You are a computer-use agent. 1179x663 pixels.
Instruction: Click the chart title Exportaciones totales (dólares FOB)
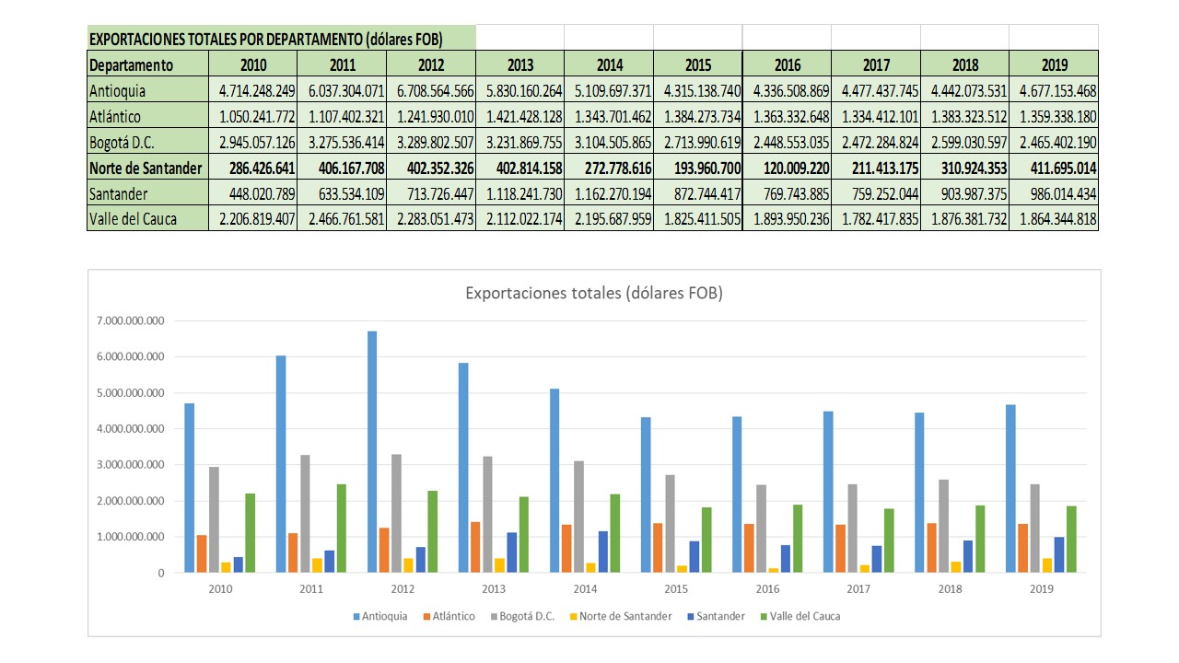point(594,294)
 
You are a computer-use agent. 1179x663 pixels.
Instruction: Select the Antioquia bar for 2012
point(372,451)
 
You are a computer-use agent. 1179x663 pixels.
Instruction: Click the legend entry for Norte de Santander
point(629,616)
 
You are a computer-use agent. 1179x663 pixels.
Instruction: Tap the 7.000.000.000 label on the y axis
point(129,321)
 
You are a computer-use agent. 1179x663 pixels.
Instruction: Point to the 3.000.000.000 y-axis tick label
point(129,465)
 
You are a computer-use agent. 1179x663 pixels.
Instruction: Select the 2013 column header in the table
point(519,65)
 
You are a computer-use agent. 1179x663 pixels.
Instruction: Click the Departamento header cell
point(131,65)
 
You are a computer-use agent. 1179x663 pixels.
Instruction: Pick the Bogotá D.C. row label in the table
point(121,143)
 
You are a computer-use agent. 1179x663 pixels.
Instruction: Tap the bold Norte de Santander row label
point(146,169)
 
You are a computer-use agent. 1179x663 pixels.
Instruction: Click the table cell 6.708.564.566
point(431,91)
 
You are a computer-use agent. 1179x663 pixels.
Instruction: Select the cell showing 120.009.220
point(788,169)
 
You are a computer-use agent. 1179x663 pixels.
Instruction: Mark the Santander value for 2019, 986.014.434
point(1054,194)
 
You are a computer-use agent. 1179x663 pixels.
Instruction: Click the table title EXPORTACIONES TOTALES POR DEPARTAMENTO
point(266,39)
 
